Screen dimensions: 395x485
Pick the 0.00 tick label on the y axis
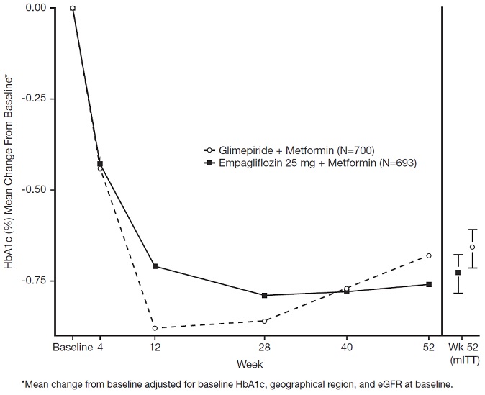point(35,8)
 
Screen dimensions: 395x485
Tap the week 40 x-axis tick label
point(347,347)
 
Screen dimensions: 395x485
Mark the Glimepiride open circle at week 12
point(155,328)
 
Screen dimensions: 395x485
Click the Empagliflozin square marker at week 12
point(155,266)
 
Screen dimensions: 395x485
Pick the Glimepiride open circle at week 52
point(429,255)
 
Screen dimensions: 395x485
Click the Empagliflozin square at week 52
point(429,284)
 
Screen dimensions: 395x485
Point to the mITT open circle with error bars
point(472,248)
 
